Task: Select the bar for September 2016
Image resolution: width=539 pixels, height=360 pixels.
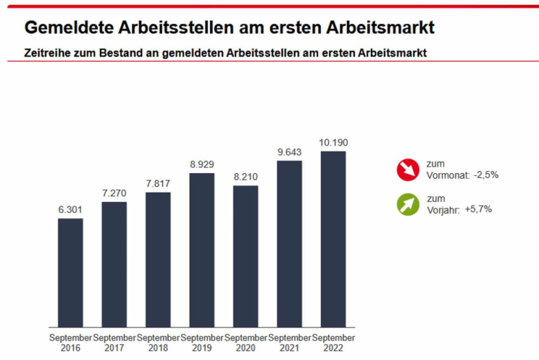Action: point(70,272)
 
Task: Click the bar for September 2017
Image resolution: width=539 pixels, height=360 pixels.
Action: point(114,264)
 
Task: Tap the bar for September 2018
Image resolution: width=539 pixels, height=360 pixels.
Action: point(158,259)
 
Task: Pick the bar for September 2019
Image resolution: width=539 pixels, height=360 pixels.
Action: point(201,250)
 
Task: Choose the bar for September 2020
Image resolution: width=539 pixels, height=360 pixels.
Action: point(245,256)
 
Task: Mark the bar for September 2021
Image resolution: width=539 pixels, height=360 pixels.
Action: point(289,243)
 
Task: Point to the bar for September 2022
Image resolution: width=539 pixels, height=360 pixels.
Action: point(333,239)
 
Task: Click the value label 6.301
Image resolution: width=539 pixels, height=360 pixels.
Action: point(70,210)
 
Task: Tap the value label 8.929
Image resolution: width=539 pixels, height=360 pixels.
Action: point(201,165)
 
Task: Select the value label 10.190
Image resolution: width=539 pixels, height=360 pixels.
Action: point(333,143)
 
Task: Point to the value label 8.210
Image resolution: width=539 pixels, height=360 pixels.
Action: point(245,177)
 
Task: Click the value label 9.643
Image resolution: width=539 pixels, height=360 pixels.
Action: point(289,152)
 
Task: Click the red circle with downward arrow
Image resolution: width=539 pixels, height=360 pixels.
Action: point(408,169)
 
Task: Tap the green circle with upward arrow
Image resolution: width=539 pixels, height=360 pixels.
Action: point(408,204)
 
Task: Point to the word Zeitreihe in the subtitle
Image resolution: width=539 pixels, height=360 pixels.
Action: point(44,53)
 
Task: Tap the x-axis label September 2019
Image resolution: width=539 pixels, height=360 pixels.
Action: point(201,343)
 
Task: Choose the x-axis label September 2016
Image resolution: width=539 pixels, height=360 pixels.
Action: point(70,343)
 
